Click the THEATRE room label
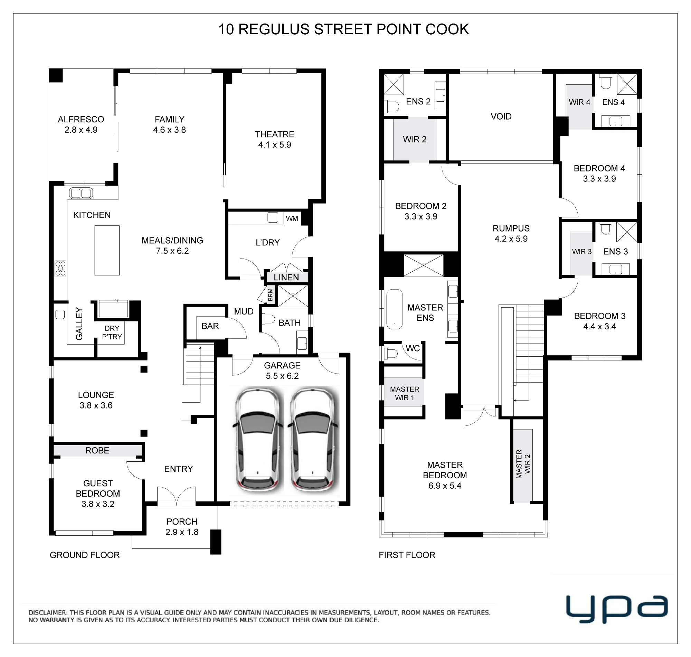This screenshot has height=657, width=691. coord(274,134)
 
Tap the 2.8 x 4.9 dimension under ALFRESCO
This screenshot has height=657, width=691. coord(81,130)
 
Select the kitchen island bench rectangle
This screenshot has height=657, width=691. coord(107,250)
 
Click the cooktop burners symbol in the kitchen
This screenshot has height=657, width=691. coord(60,269)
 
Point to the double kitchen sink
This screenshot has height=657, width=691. coord(81,193)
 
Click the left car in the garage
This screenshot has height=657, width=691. coord(258,440)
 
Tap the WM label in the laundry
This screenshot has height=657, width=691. coord(292,218)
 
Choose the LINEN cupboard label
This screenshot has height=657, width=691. coord(286,278)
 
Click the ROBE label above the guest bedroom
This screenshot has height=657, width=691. coord(97,450)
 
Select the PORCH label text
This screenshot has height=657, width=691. coord(182,522)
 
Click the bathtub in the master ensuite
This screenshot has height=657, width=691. coord(395,309)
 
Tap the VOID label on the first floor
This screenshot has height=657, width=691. coord(501,116)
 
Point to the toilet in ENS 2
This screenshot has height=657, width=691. coord(392,106)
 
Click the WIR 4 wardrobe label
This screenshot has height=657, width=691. coord(579,102)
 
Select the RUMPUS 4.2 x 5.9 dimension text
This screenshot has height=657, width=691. coord(511,239)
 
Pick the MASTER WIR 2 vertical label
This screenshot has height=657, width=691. coord(523,464)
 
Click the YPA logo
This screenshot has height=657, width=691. coord(617,610)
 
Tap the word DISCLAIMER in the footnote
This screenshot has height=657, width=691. coord(47,612)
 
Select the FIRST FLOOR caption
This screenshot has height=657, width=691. coord(407,555)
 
